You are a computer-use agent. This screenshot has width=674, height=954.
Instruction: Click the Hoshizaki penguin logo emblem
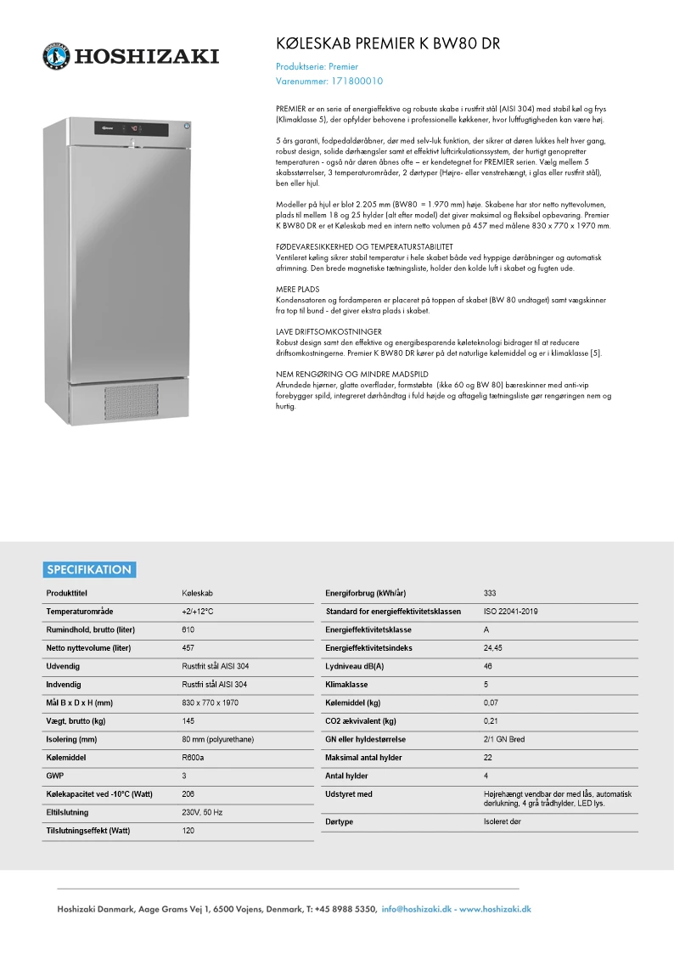56,56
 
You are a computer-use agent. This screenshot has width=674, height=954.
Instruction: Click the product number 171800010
356,82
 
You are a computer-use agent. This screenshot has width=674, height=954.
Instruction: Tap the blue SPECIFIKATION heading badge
89,569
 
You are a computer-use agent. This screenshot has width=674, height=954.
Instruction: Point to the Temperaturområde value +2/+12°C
197,611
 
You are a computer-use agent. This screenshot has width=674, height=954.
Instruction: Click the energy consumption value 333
490,593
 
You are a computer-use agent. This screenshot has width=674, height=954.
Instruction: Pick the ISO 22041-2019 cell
510,611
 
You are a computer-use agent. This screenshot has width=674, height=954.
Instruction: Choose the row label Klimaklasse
345,684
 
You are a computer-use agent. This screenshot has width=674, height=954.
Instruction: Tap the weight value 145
188,720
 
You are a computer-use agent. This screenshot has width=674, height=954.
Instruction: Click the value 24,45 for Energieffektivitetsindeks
492,647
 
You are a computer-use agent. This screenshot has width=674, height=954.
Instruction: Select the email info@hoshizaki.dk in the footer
418,909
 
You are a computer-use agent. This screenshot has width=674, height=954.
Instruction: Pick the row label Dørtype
339,821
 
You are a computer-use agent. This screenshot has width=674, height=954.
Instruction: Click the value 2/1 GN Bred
504,739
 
